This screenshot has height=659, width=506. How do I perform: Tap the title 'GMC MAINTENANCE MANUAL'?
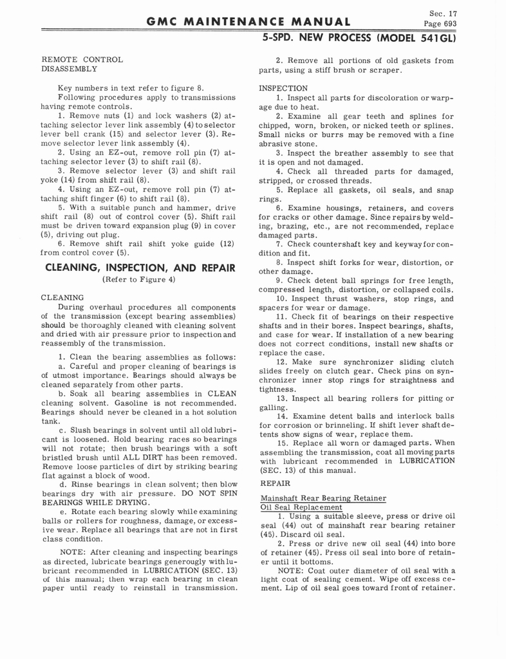pyautogui.click(x=248, y=22)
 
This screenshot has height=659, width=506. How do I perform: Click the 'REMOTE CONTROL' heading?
pyautogui.click(x=81, y=59)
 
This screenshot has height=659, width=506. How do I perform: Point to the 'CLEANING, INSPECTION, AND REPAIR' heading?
pyautogui.click(x=139, y=267)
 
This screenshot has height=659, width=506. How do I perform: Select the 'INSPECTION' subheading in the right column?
pyautogui.click(x=283, y=88)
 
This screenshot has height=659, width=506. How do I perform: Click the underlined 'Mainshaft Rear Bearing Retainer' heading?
pyautogui.click(x=323, y=498)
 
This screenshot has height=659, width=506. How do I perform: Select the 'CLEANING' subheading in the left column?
pyautogui.click(x=62, y=298)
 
